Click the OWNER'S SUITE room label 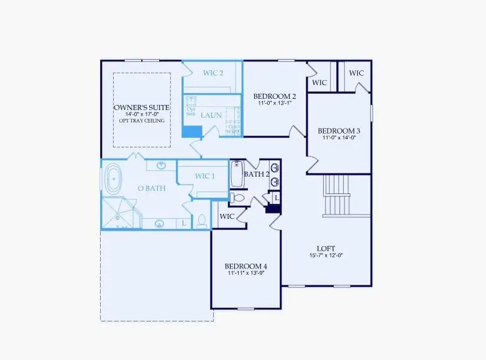[142, 108]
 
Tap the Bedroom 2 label [274, 96]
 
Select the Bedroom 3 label [339, 131]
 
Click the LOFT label [326, 248]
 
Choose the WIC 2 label [213, 73]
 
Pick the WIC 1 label [204, 176]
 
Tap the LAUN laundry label [211, 114]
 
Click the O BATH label [151, 188]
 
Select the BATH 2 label [257, 174]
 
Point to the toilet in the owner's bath [201, 221]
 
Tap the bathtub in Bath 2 [237, 174]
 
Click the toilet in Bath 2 [238, 198]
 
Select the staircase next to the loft [338, 195]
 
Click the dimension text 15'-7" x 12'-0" [326, 256]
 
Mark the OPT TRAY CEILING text [142, 121]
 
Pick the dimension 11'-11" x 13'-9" [245, 273]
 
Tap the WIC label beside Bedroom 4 [227, 216]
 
